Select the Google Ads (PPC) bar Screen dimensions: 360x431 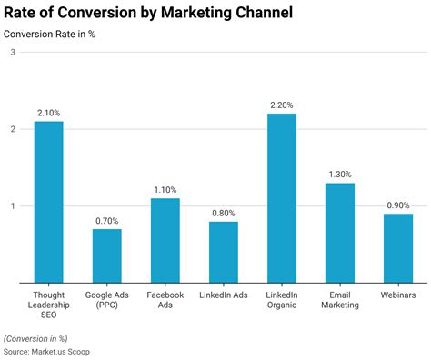click(106, 255)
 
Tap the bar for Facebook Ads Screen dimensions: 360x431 click(165, 240)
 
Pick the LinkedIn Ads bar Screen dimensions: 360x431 click(224, 252)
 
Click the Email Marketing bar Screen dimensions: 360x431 click(340, 233)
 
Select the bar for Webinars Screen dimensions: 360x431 click(398, 248)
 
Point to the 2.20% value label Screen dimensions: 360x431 click(282, 105)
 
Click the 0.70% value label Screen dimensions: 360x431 click(106, 221)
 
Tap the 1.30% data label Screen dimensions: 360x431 click(340, 175)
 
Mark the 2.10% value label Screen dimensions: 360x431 click(48, 113)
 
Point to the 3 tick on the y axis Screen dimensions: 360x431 click(13, 53)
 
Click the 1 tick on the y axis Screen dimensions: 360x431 click(13, 206)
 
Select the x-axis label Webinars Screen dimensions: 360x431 click(398, 295)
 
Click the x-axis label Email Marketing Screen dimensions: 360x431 click(340, 300)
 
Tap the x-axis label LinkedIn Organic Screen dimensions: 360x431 click(282, 300)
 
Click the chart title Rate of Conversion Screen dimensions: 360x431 click(148, 14)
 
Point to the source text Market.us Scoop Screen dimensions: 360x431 click(46, 351)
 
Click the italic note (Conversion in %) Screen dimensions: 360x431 click(41, 337)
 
